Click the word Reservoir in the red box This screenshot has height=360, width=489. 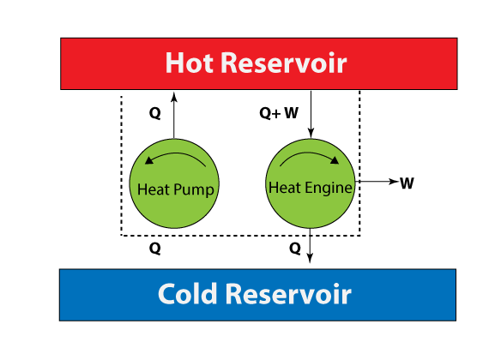[x=284, y=63]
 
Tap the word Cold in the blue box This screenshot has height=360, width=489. [x=187, y=293]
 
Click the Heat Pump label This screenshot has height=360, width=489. [x=176, y=189]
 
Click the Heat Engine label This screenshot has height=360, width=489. [x=311, y=188]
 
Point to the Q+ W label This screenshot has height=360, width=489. [x=279, y=113]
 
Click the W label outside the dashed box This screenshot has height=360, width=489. [x=407, y=183]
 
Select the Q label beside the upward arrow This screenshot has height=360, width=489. [x=155, y=113]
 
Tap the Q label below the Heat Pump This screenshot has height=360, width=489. [x=155, y=249]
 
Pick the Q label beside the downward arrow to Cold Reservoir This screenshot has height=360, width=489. [x=295, y=249]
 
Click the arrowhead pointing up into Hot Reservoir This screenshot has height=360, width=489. [x=174, y=96]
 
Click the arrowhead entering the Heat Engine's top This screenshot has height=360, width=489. [x=311, y=133]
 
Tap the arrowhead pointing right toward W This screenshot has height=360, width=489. [x=394, y=181]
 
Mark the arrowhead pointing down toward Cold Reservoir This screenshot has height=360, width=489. [x=310, y=258]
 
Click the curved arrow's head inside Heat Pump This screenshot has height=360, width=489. [x=149, y=160]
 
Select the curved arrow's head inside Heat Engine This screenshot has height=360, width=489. [x=335, y=160]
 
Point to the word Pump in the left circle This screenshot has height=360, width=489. [x=194, y=189]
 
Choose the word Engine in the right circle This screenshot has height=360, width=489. [x=329, y=189]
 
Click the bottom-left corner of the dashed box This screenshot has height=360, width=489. [x=121, y=236]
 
